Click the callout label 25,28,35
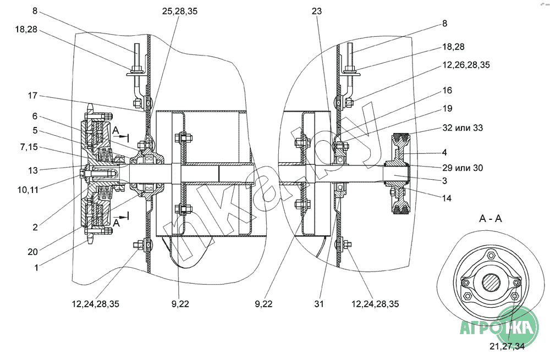tap(180, 11)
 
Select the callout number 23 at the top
tap(316, 11)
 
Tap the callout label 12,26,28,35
tap(466, 65)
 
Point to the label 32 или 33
tap(463, 128)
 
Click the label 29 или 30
tap(463, 168)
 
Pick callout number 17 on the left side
tap(32, 95)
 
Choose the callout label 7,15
tap(29, 147)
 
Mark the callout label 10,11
tap(28, 190)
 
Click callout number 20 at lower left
tap(32, 251)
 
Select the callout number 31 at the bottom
tap(319, 304)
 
